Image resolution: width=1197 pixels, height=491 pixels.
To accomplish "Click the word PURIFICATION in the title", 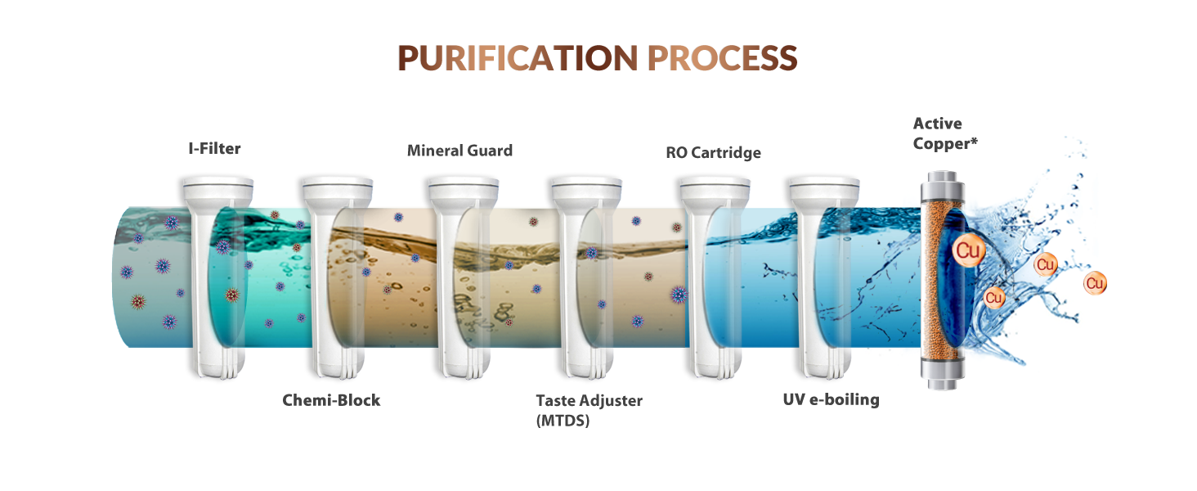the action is click(x=518, y=58).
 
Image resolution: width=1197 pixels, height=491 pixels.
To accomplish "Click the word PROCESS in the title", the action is click(x=723, y=58).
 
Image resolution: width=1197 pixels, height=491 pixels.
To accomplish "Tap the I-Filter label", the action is click(x=214, y=148).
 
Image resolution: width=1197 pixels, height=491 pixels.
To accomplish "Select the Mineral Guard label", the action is click(x=460, y=151).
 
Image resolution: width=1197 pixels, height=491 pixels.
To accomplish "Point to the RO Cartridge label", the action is click(x=714, y=153).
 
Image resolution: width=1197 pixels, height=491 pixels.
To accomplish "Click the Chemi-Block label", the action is click(x=331, y=400).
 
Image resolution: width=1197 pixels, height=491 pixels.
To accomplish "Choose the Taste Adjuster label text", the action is click(x=590, y=401).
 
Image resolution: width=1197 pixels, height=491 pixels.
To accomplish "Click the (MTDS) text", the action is click(x=563, y=421).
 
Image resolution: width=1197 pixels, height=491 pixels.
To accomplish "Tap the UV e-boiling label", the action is click(x=831, y=399).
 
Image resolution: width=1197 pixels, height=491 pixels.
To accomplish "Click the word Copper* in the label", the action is click(x=945, y=144).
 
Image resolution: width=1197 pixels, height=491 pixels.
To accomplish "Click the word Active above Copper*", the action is click(x=937, y=124).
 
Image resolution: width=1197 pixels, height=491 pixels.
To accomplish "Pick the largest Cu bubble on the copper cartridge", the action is click(x=968, y=250).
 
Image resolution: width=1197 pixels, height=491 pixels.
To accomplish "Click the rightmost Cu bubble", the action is click(x=1095, y=283).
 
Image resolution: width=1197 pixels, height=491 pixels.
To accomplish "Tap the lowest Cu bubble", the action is click(x=994, y=297).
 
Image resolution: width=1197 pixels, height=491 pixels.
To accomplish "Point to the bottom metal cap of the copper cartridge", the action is click(x=942, y=374).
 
